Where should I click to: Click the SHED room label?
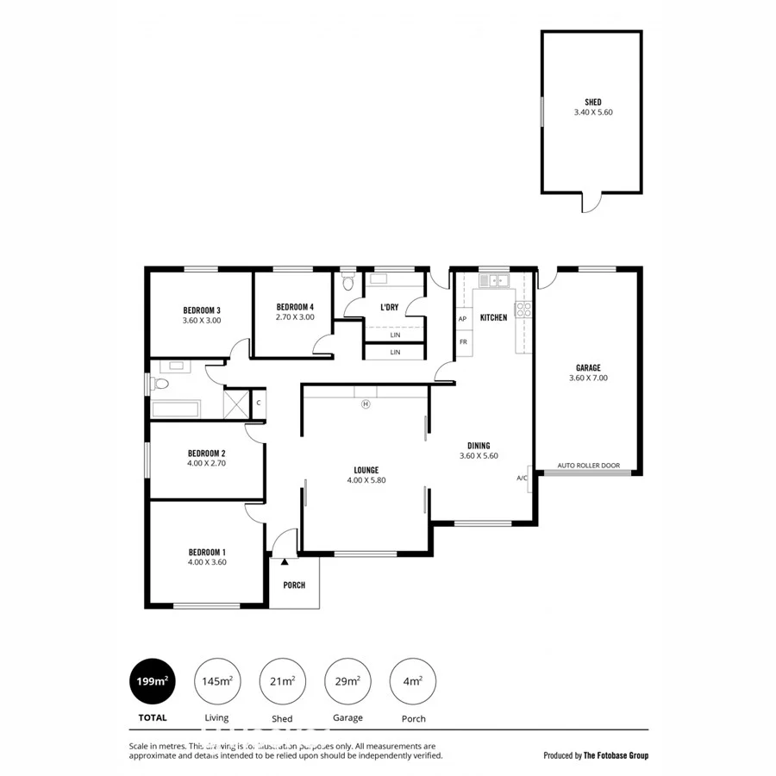pos(592,101)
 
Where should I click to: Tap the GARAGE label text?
pos(588,366)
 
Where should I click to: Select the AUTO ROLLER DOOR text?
pos(588,466)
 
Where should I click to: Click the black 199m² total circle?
pos(150,681)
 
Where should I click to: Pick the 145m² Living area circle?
pos(216,681)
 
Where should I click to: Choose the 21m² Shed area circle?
pos(282,681)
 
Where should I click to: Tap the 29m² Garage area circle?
pos(347,681)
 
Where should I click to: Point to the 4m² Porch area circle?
pos(412,681)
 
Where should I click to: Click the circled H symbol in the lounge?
pos(365,404)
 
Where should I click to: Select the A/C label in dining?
pos(522,478)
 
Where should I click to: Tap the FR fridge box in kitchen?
pos(463,341)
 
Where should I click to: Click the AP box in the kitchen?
pos(463,319)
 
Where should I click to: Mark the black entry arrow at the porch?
pos(284,561)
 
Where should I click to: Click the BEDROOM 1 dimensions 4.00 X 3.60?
pos(206,563)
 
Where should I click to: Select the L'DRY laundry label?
pos(389,307)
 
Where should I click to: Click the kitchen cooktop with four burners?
pos(523,310)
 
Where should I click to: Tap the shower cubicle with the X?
pos(236,404)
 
